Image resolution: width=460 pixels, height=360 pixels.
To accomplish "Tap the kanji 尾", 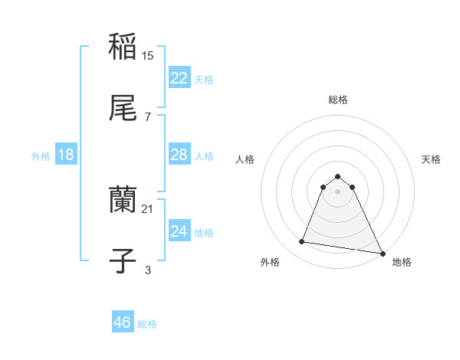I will click(x=123, y=109).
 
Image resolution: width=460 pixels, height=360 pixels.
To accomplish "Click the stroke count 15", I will click(x=149, y=55).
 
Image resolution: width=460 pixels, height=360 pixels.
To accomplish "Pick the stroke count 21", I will click(x=149, y=208).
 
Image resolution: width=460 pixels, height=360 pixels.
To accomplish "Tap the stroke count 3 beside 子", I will click(x=148, y=270).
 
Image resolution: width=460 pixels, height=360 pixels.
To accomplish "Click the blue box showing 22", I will click(x=179, y=77).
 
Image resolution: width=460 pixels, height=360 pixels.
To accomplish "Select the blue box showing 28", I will click(x=179, y=155).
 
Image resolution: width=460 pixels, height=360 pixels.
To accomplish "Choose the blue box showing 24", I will click(x=179, y=231).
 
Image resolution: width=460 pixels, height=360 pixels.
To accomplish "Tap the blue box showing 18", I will click(x=65, y=155).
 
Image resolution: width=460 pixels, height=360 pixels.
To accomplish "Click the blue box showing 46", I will click(x=122, y=322).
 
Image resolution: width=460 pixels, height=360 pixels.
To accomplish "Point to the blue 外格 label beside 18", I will click(x=41, y=155).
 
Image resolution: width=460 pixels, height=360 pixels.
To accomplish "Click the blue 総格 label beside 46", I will click(x=147, y=324).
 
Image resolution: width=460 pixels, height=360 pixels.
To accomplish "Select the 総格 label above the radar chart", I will click(x=338, y=100).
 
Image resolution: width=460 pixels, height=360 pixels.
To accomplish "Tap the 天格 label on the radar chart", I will click(x=432, y=159).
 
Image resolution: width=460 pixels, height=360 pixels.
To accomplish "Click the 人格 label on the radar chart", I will click(x=245, y=159).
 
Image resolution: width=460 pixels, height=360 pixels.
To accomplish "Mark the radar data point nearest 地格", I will click(x=382, y=252).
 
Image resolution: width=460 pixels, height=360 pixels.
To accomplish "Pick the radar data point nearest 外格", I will click(x=302, y=242).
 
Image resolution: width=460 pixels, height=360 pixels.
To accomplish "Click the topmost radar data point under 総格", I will click(x=338, y=173).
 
